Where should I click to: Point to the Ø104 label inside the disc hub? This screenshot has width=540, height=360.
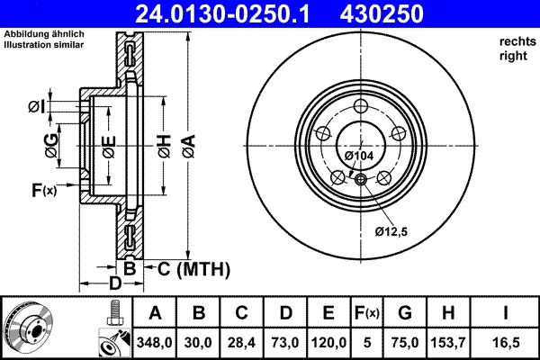pyautogui.click(x=359, y=157)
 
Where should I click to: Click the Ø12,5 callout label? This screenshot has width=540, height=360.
pyautogui.click(x=391, y=231)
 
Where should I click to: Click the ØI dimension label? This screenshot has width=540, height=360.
pyautogui.click(x=36, y=107)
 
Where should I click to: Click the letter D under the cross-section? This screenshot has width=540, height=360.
pyautogui.click(x=115, y=284)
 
